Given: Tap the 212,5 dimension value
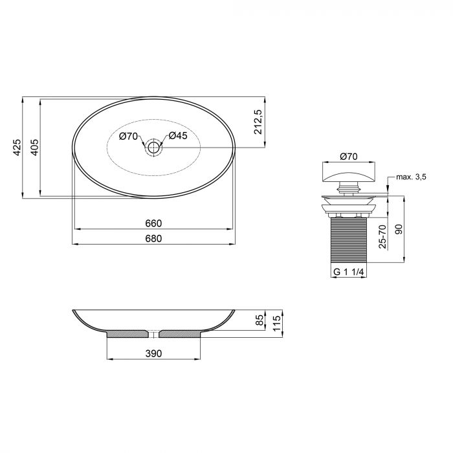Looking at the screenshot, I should point(258,122).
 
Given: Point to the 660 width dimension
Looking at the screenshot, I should point(153,223).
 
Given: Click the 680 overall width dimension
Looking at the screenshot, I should point(153,238).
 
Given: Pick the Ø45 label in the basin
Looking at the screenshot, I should point(178,136).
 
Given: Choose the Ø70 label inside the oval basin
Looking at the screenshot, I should point(129,136).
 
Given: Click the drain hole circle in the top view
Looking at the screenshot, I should point(153,148).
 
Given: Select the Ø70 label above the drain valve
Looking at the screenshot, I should point(349,156).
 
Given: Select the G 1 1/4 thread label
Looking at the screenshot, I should point(349,272).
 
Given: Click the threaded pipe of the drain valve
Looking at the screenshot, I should point(349,240).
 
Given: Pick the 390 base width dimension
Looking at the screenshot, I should point(153,353).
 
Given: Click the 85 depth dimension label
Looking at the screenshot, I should point(259,320).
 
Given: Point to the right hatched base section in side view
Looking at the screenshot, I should point(181,334).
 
